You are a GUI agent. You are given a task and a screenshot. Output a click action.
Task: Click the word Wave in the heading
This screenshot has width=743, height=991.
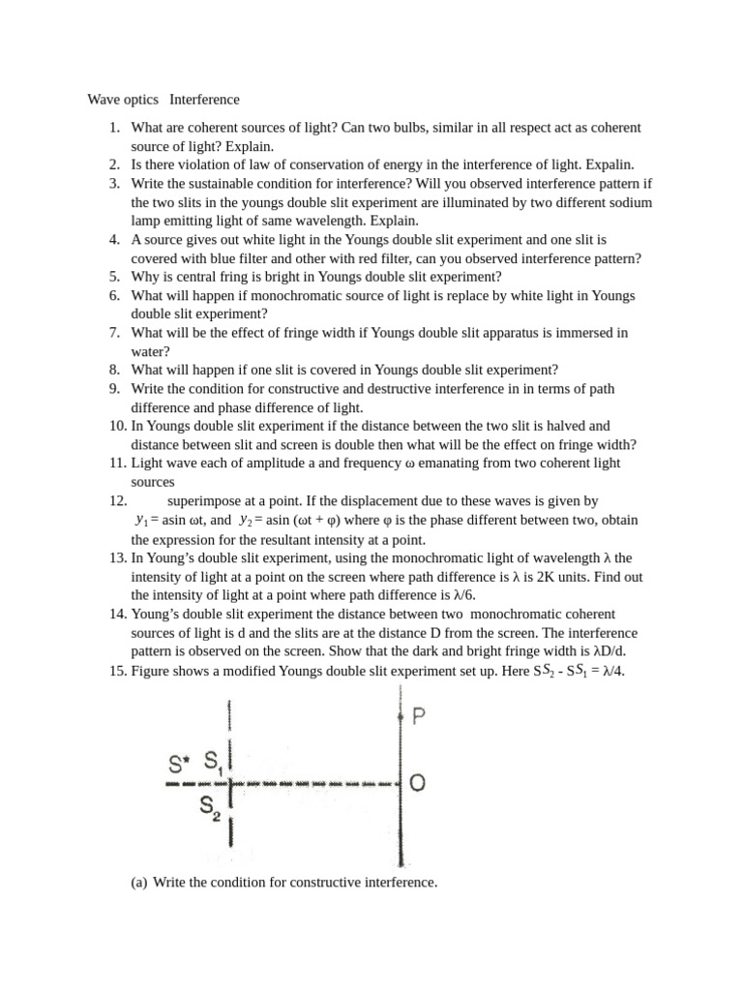[x=104, y=100]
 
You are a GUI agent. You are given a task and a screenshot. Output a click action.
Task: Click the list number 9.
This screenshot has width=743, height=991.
[x=114, y=389]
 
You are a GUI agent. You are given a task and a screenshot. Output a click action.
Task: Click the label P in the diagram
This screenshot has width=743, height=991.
[x=419, y=717]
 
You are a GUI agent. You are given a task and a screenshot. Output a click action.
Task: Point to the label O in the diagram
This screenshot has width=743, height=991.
[x=419, y=783]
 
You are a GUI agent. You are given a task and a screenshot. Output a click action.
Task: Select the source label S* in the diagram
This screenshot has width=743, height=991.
[x=180, y=764]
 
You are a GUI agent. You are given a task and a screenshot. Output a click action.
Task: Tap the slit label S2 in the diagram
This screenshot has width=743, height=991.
[x=211, y=807]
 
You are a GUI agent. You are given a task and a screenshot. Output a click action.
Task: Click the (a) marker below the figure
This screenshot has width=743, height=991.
[x=139, y=883]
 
